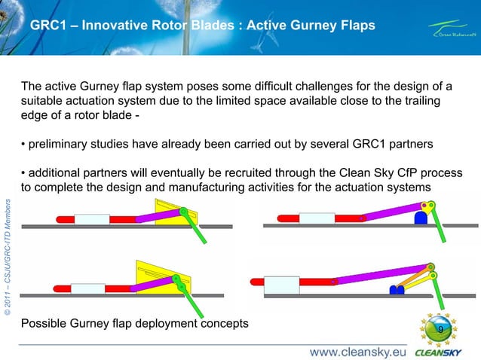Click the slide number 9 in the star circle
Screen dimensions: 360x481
pyautogui.click(x=440, y=331)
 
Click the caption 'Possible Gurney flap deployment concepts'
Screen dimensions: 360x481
pyautogui.click(x=135, y=324)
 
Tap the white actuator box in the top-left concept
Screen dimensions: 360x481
pyautogui.click(x=92, y=219)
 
